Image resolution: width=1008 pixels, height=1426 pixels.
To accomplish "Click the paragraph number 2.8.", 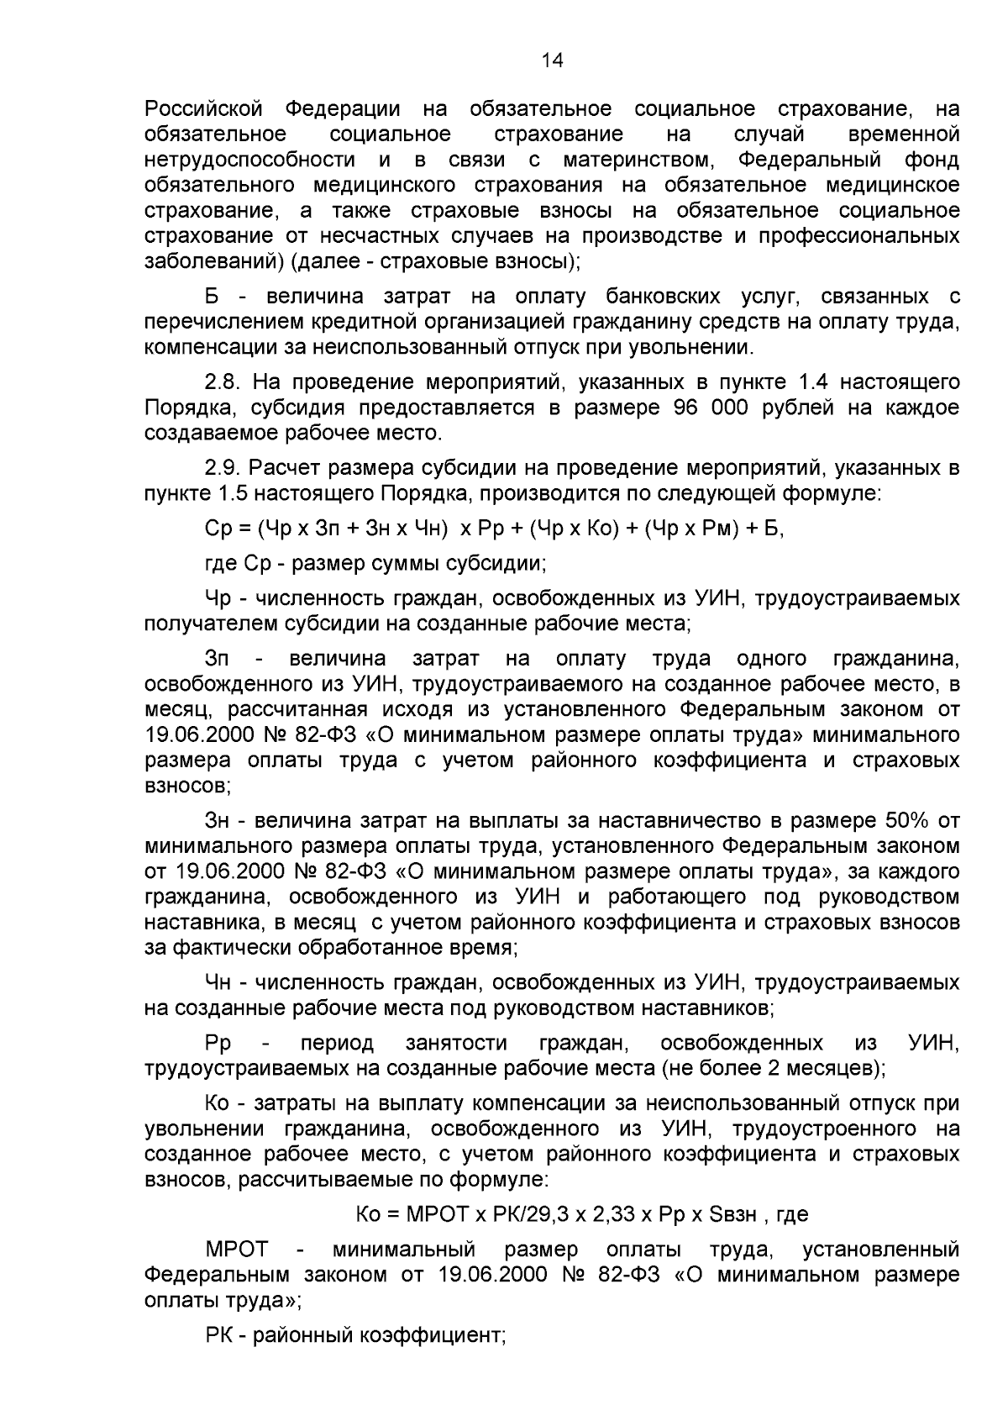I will (223, 383).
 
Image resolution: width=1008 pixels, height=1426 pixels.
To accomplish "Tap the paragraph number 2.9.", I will (223, 468).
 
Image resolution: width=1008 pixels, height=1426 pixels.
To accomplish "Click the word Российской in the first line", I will (204, 109).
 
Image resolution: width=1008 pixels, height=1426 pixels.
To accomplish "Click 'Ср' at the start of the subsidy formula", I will (217, 529).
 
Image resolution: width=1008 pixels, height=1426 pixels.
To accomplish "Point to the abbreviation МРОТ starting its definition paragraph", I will (235, 1249).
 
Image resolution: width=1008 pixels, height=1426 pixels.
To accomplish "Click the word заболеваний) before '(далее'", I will (214, 261).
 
